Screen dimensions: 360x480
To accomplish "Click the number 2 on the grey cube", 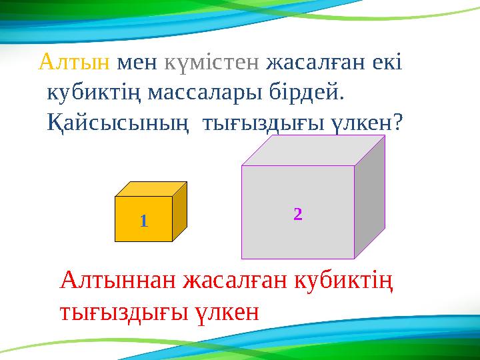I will click(x=297, y=215).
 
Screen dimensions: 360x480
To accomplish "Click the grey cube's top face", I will click(x=313, y=151).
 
